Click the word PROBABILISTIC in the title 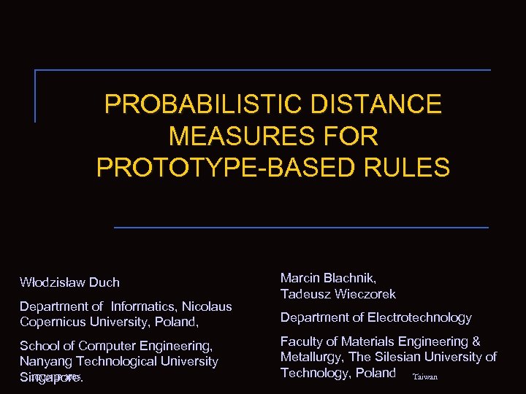[x=203, y=104]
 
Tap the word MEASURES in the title [x=236, y=136]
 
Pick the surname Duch [x=104, y=282]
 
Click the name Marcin [x=302, y=278]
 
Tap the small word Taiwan [x=425, y=377]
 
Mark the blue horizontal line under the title [x=301, y=228]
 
